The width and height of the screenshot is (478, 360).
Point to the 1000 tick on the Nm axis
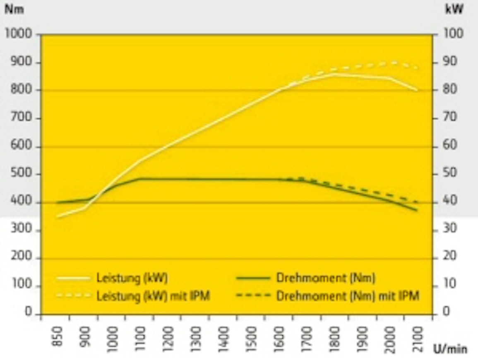[19, 34]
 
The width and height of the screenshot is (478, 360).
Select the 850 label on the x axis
[58, 336]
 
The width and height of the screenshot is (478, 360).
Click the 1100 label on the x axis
[140, 339]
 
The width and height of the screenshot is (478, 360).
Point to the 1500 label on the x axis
[251, 339]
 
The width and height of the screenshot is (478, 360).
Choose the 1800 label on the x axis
[335, 339]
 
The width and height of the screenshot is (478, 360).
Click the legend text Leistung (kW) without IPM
[132, 278]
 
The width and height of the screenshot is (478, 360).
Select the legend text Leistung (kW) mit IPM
[153, 296]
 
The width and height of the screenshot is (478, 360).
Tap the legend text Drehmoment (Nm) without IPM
[326, 278]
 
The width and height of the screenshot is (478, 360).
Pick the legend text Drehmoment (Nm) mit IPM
[348, 296]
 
